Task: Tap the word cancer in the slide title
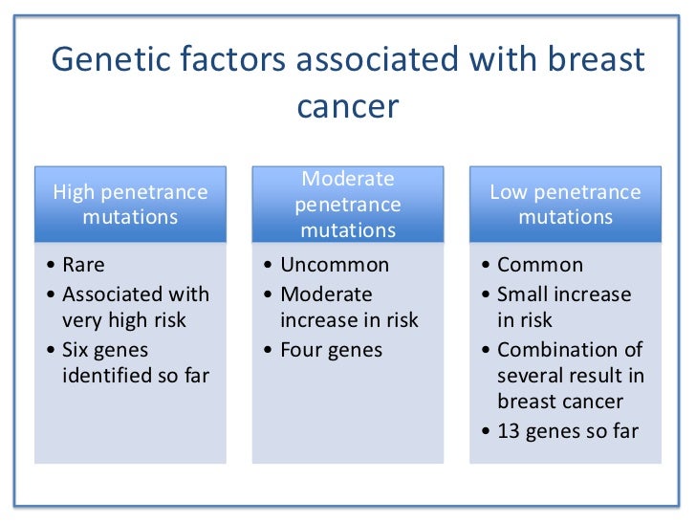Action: click(347, 106)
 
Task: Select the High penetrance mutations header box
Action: click(130, 205)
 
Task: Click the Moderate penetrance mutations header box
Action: click(347, 205)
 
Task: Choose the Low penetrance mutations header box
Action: click(565, 205)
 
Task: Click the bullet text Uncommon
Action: click(335, 266)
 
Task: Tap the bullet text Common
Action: click(540, 266)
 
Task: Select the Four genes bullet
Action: click(331, 350)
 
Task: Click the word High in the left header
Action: click(76, 193)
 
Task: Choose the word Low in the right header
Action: click(509, 193)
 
